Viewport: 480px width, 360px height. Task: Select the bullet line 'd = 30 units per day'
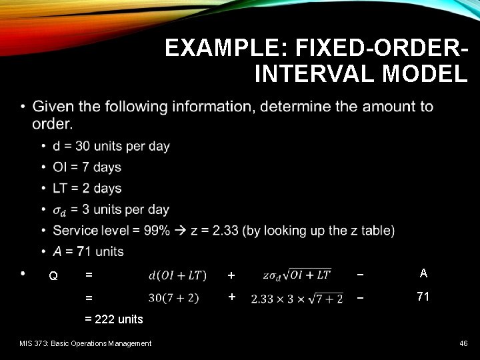[111, 146]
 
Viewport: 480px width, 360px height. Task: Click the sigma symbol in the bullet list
[59, 210]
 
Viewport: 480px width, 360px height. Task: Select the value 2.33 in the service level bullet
[225, 231]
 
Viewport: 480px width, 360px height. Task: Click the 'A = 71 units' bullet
[88, 251]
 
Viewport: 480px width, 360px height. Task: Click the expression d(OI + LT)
[177, 275]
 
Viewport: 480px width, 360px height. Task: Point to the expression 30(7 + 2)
[173, 297]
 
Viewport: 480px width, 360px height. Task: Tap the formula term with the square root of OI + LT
[297, 275]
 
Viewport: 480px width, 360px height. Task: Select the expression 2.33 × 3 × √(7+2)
[297, 298]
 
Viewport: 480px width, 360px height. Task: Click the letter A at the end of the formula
[423, 273]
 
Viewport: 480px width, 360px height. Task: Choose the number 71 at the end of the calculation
[423, 297]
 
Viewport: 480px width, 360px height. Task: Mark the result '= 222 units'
[114, 319]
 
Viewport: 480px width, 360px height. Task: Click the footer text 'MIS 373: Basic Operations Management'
[86, 343]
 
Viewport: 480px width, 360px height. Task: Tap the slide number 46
[463, 343]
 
